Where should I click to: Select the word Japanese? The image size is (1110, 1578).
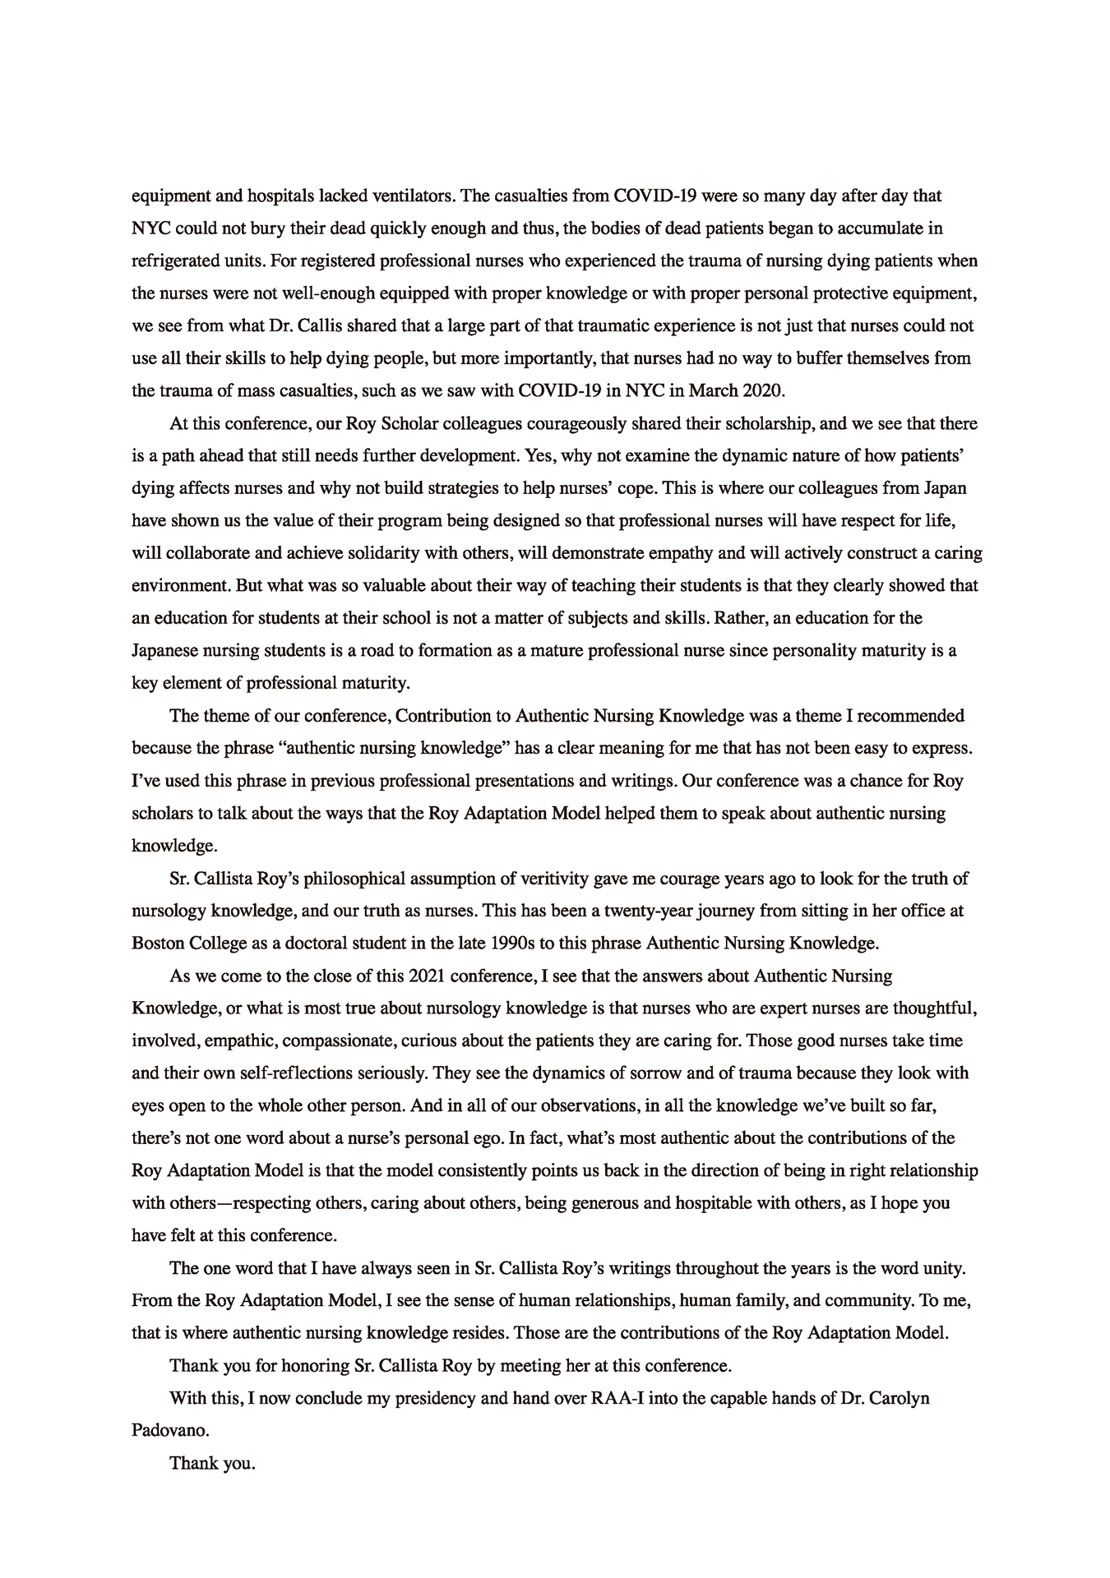tap(167, 651)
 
